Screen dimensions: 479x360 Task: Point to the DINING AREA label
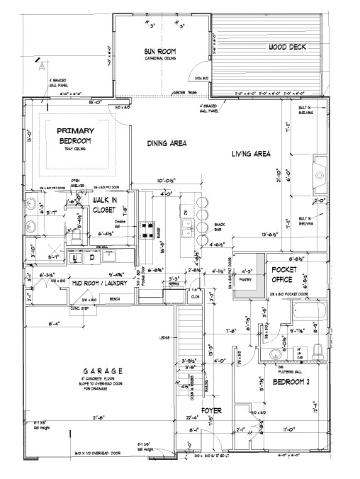(x=166, y=144)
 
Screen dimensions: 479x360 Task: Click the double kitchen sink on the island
(x=188, y=228)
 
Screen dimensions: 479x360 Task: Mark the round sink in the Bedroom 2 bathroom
(x=274, y=354)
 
